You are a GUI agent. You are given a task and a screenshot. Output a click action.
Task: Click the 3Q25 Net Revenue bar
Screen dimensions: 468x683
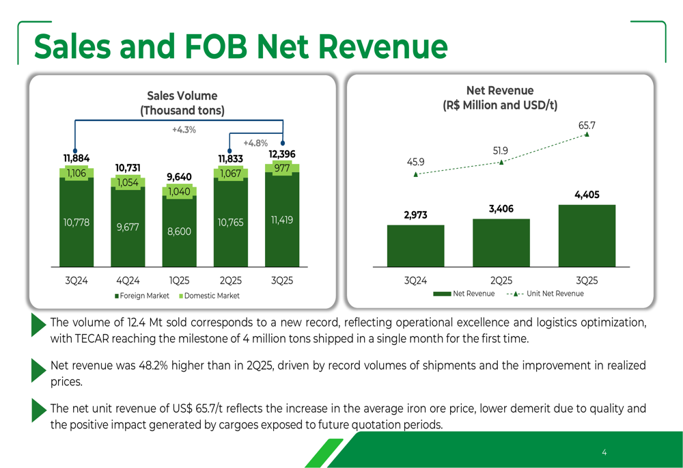coord(587,236)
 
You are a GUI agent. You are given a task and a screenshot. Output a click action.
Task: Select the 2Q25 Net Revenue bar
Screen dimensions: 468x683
coord(501,243)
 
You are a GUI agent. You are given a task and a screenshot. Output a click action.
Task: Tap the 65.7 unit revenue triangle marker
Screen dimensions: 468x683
coord(587,135)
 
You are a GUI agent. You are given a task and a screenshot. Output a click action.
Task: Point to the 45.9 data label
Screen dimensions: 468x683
coord(415,162)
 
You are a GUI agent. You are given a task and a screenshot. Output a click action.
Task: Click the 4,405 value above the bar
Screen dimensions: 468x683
coord(587,195)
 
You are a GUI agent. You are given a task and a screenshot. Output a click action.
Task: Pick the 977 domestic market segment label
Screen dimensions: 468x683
coord(282,168)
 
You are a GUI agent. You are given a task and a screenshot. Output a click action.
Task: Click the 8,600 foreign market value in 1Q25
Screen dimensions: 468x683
coord(179,232)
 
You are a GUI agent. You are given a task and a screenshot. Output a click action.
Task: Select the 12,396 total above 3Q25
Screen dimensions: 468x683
coord(282,154)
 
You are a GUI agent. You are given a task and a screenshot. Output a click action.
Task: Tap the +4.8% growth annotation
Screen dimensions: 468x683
coord(255,143)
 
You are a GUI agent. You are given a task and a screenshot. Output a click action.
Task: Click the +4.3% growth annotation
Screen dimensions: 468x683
coord(184,130)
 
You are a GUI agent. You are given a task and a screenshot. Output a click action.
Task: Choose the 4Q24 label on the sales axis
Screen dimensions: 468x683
coord(128,280)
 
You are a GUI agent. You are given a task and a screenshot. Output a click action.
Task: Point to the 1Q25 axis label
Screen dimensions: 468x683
coord(179,280)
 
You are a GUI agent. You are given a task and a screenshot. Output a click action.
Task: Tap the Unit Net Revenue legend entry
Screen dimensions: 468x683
coord(550,294)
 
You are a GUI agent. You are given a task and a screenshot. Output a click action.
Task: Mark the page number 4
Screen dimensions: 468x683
coord(604,452)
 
